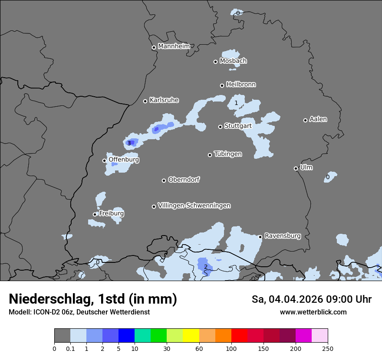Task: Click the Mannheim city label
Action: (174, 46)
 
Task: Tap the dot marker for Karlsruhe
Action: (145, 101)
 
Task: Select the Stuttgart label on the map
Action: (238, 126)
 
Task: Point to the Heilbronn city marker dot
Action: (222, 85)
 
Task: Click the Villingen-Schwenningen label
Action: (194, 206)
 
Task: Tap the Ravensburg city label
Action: (282, 236)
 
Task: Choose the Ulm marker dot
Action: (296, 168)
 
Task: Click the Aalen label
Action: (318, 119)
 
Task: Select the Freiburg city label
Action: (111, 213)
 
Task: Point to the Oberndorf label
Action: (184, 180)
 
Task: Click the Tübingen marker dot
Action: (210, 155)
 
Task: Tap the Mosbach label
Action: (233, 61)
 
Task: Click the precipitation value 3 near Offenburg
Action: (129, 143)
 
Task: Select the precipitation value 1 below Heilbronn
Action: (236, 103)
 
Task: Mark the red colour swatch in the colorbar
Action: (239, 336)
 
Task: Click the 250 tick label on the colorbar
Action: (328, 348)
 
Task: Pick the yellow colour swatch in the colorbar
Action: (191, 336)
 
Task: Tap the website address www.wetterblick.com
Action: (313, 312)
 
